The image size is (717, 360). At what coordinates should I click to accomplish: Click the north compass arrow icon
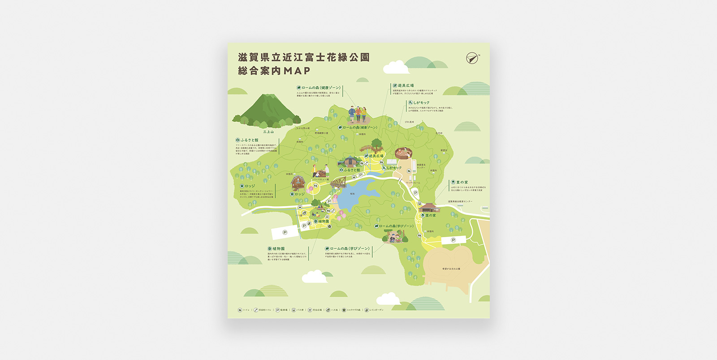click(472, 58)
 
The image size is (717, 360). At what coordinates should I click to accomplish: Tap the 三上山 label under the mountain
click(268, 132)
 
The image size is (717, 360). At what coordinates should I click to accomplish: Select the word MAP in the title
click(297, 71)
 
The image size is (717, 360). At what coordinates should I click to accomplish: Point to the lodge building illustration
click(298, 183)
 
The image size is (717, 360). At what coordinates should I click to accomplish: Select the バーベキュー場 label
click(321, 179)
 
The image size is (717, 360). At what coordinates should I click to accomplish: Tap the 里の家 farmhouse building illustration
click(429, 208)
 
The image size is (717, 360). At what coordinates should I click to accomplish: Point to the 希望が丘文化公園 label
click(451, 269)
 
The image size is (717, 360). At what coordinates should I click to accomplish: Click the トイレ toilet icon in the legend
click(240, 310)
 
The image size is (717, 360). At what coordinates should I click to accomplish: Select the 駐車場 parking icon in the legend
click(277, 310)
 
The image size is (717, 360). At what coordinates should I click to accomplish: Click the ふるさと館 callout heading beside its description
click(249, 140)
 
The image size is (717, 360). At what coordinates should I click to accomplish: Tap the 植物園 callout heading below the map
click(278, 248)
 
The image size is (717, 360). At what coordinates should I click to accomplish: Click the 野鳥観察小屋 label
click(321, 133)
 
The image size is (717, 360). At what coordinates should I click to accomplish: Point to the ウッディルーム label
click(413, 183)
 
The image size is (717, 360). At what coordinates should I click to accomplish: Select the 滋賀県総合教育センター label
click(460, 201)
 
